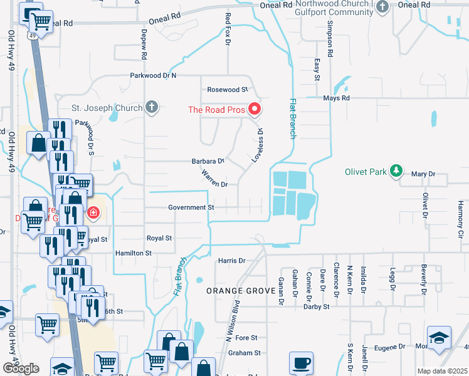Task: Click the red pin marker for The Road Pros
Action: [x=255, y=110]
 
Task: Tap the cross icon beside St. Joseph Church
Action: [x=150, y=108]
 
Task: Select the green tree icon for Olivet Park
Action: [x=396, y=171]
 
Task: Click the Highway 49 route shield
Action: [x=31, y=36]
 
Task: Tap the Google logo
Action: [x=21, y=368]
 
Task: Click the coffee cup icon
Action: [x=301, y=363]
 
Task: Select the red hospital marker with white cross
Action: [x=93, y=213]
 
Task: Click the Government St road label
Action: [x=191, y=207]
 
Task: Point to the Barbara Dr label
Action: [x=208, y=161]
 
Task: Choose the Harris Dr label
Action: [x=231, y=260]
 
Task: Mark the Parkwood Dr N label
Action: [x=154, y=75]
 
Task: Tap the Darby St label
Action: [x=316, y=306]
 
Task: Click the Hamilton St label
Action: [x=133, y=253]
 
